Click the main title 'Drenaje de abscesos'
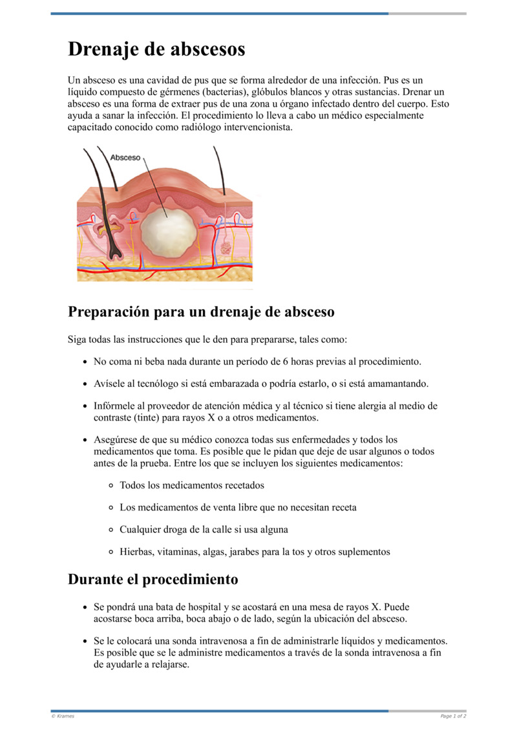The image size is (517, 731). [156, 49]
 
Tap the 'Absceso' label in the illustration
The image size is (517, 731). [125, 157]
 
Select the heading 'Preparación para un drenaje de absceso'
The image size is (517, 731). [201, 312]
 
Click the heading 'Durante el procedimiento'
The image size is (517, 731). [153, 579]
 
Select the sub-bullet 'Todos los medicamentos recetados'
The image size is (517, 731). [191, 485]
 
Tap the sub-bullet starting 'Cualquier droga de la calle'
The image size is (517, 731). [204, 529]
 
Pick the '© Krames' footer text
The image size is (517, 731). [63, 716]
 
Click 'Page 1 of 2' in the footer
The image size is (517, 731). [453, 716]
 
